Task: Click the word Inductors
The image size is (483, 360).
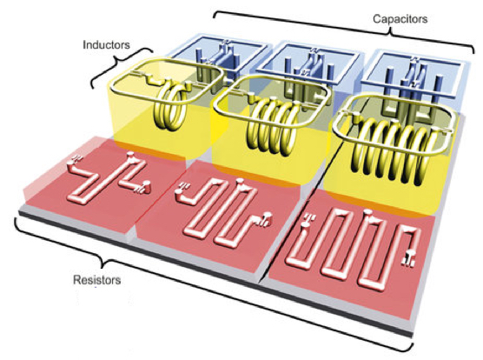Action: pyautogui.click(x=106, y=45)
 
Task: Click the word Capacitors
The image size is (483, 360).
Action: pyautogui.click(x=400, y=19)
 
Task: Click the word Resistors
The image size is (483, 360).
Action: pyautogui.click(x=97, y=280)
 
